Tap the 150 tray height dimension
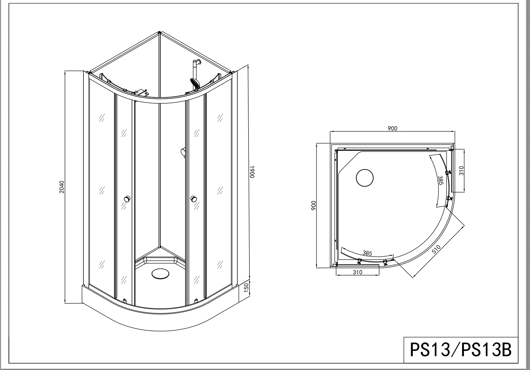[x=246, y=288]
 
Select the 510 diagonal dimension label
[x=436, y=249]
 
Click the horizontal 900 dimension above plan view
[x=392, y=128]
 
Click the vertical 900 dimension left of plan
[x=314, y=205]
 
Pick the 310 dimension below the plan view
[x=357, y=272]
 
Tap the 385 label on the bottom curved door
[x=367, y=253]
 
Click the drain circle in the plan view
[x=365, y=178]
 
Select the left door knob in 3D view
[x=127, y=199]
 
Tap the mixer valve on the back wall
[x=183, y=152]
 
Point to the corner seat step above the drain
[x=161, y=259]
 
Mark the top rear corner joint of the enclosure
[x=159, y=32]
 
